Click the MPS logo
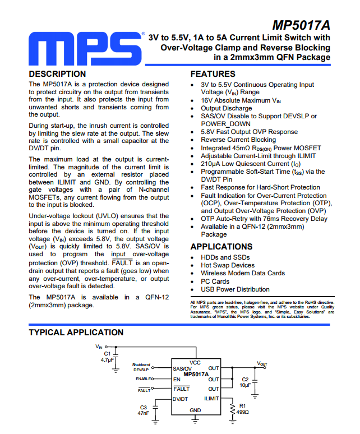click(x=84, y=50)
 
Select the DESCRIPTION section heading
click(x=57, y=74)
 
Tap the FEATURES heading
click(x=213, y=74)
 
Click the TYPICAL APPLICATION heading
click(x=76, y=333)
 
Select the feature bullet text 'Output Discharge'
click(x=227, y=108)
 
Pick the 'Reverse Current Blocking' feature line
click(x=238, y=140)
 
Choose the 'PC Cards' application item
click(x=215, y=281)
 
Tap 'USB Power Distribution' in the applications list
click(x=235, y=289)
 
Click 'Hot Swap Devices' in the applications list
click(x=228, y=265)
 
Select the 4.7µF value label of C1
click(x=107, y=360)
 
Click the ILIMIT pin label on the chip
click(x=211, y=399)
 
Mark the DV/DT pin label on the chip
click(x=181, y=399)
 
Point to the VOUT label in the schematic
click(x=262, y=364)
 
